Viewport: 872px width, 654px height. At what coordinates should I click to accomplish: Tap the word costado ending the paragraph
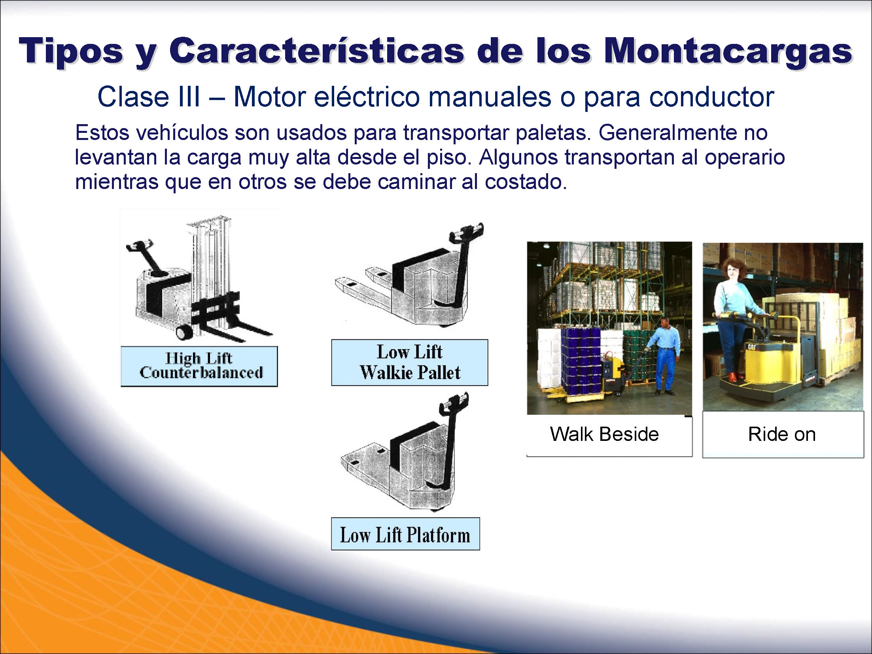(526, 182)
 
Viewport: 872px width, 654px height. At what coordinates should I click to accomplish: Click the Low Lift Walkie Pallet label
(410, 363)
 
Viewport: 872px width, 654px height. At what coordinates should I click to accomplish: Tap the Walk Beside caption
(604, 434)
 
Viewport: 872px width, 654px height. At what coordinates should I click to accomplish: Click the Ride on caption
(782, 434)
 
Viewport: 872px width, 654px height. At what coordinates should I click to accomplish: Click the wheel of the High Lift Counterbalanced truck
(183, 332)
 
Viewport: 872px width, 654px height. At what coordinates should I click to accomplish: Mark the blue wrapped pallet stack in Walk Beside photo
(581, 362)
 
